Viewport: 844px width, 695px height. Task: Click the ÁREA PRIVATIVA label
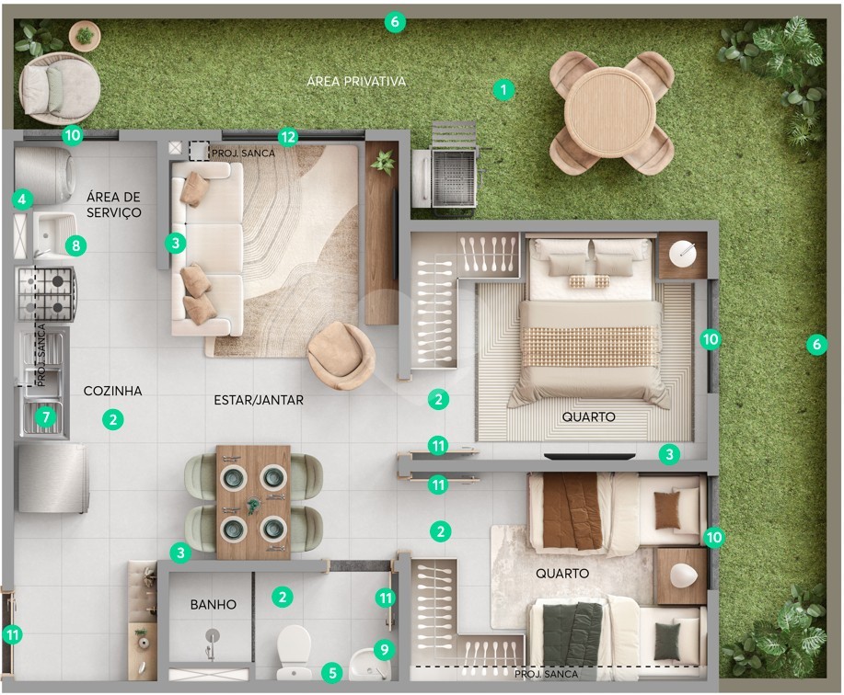[356, 81]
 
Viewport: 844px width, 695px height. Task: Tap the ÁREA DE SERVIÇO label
[114, 204]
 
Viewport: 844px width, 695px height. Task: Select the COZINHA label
[112, 391]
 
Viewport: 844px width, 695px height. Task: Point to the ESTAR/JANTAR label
[259, 400]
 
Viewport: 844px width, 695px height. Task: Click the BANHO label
[214, 604]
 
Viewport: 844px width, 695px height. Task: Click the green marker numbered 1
[503, 89]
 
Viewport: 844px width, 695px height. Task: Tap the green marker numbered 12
[288, 138]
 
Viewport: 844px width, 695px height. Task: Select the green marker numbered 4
[21, 200]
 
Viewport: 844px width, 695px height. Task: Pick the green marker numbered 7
[46, 417]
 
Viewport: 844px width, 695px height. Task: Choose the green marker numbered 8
[75, 245]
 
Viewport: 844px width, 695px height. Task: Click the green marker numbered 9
[385, 650]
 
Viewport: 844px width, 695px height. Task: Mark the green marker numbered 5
[332, 673]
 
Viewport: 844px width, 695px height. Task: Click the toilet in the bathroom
[294, 652]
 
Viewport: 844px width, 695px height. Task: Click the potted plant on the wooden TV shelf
[383, 162]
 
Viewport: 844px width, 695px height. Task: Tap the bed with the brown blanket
[618, 513]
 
